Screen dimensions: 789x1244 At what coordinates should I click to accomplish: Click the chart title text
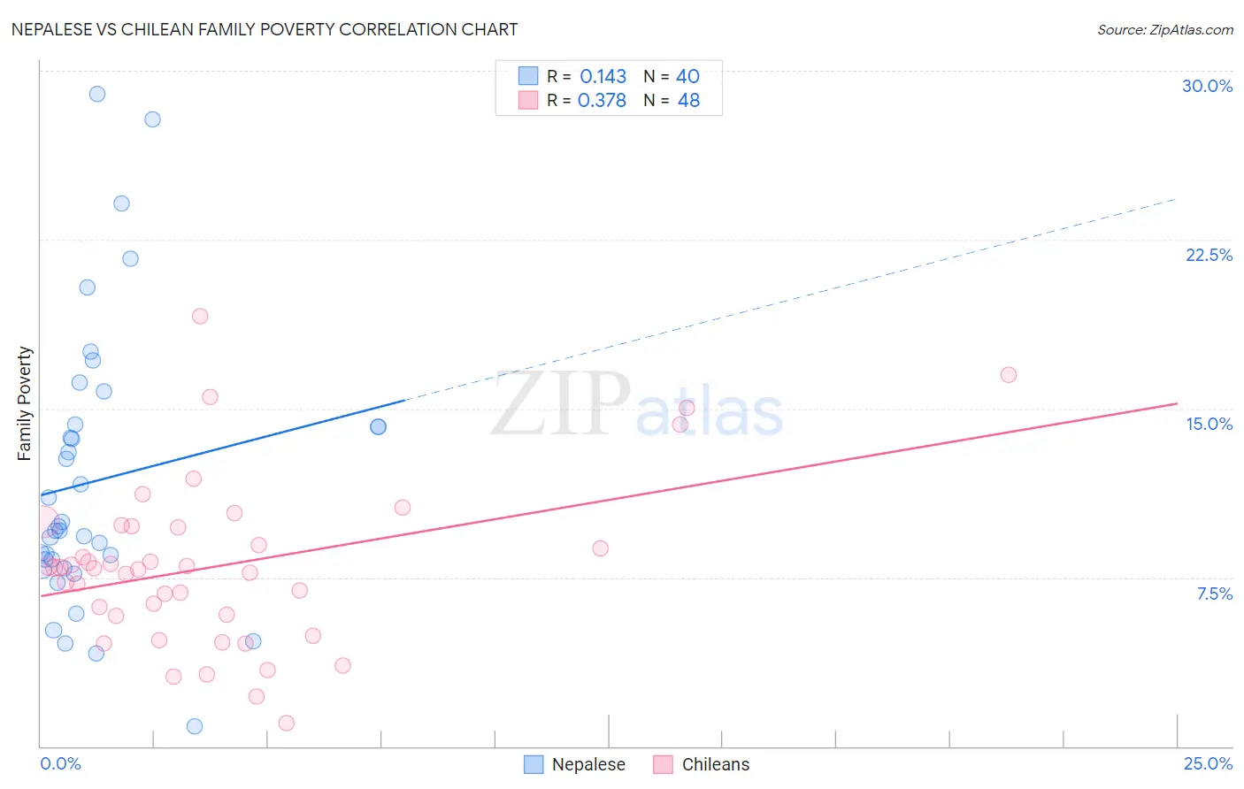[x=265, y=29]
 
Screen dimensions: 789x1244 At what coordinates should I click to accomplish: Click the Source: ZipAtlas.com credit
[x=1164, y=29]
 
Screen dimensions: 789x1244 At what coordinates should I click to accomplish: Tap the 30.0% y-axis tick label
[x=1207, y=86]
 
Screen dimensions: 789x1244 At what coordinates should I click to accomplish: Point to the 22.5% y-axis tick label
[x=1209, y=255]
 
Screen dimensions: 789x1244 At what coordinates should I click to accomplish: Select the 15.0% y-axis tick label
[x=1209, y=424]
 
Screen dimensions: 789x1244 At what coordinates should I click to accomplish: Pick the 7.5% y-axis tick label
[x=1214, y=594]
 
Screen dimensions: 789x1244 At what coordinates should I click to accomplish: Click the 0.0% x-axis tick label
[x=60, y=763]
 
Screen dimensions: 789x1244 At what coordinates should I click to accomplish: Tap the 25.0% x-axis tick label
[x=1208, y=763]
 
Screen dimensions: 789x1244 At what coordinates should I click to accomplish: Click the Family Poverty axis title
[x=25, y=403]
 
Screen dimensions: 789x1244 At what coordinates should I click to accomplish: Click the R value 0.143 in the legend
[x=603, y=77]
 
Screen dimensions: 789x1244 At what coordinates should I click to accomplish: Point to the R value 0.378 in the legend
[x=602, y=101]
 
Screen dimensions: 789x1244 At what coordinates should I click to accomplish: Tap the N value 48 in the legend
[x=688, y=101]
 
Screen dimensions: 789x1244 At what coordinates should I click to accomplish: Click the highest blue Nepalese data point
[x=97, y=94]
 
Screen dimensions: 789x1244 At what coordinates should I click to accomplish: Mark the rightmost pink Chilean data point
[x=1008, y=375]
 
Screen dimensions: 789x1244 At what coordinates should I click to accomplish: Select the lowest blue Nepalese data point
[x=195, y=726]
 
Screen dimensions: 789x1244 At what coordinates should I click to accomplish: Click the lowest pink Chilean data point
[x=286, y=724]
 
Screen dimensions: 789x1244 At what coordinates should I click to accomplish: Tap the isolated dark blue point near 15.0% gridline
[x=378, y=426]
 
